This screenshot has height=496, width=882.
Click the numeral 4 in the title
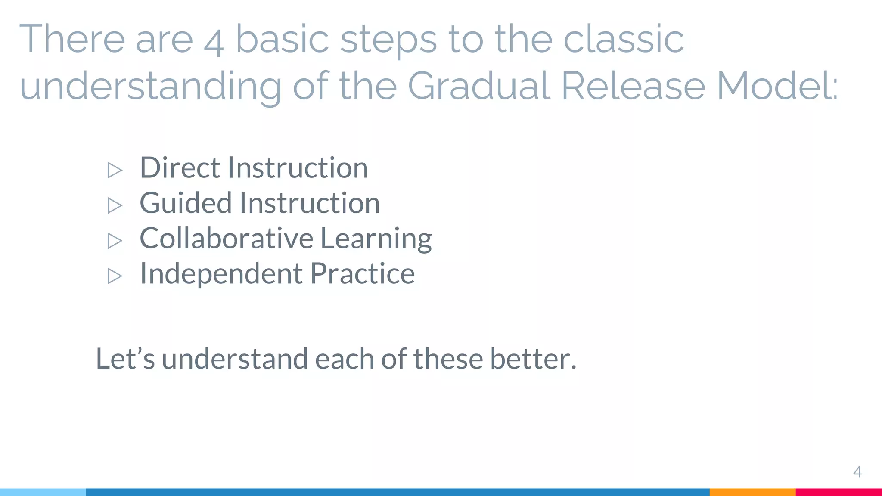[x=214, y=43]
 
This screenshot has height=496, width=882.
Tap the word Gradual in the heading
[x=478, y=86]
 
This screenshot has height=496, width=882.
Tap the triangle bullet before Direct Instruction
[x=115, y=170]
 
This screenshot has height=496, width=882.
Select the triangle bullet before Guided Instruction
[x=115, y=205]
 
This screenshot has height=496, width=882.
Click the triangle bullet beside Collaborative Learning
[x=115, y=241]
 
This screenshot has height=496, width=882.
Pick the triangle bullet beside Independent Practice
[x=115, y=276]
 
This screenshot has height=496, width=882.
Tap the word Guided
[x=186, y=203]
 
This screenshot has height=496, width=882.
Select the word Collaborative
[x=227, y=238]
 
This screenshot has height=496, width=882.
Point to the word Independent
[x=221, y=274]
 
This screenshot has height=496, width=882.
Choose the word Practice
[x=362, y=273]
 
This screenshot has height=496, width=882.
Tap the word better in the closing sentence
[x=532, y=358]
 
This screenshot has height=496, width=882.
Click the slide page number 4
[x=857, y=472]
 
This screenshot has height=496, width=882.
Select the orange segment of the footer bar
[x=752, y=492]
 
